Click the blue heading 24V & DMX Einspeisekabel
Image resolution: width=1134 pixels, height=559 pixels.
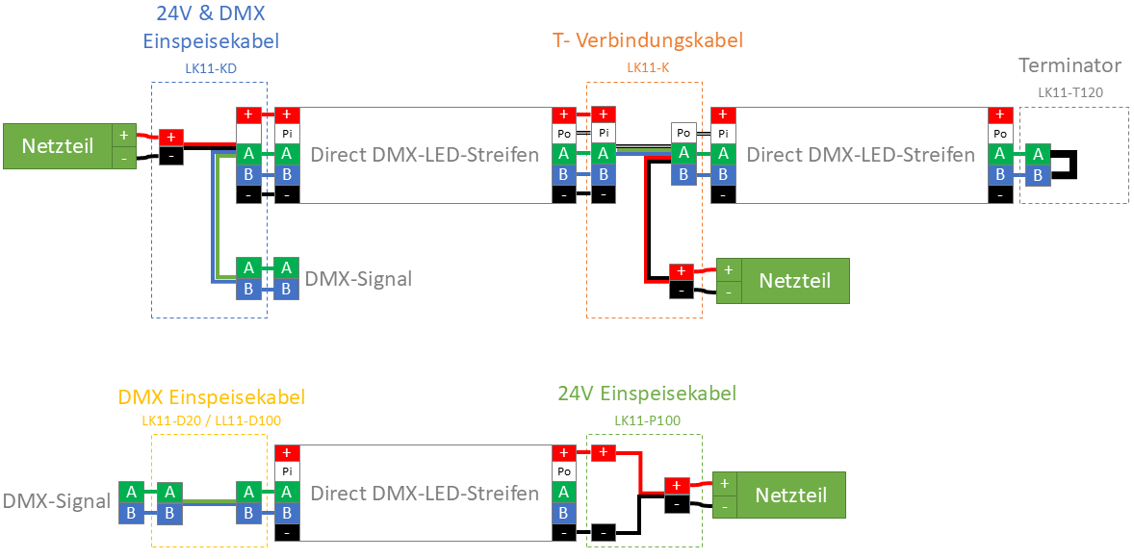pos(210,28)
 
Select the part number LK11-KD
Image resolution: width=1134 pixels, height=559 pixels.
pos(211,69)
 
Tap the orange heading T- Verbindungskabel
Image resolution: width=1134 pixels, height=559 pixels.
pos(647,41)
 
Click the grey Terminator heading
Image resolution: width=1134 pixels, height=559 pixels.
pos(1070,66)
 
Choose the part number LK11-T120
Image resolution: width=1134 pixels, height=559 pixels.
pos(1070,92)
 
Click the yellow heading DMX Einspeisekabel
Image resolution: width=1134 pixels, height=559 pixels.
pos(211,397)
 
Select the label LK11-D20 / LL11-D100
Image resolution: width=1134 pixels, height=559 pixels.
pos(211,420)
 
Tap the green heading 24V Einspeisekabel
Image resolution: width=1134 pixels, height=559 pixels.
pos(647,394)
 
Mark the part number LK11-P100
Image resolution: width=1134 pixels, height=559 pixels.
pos(647,420)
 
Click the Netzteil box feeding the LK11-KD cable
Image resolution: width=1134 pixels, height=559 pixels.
pos(58,146)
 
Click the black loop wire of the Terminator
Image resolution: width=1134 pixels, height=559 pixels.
pos(1071,165)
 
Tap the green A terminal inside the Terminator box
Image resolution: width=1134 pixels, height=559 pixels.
pos(1037,154)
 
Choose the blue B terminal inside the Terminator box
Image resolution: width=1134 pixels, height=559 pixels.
pos(1037,175)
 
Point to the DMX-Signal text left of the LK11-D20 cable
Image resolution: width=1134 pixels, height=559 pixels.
pos(56,501)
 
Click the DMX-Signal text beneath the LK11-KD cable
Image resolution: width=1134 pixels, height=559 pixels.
pos(358,280)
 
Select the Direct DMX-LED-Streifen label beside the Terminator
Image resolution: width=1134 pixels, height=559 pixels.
pos(860,155)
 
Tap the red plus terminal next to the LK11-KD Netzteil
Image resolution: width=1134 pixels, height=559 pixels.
pos(171,137)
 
